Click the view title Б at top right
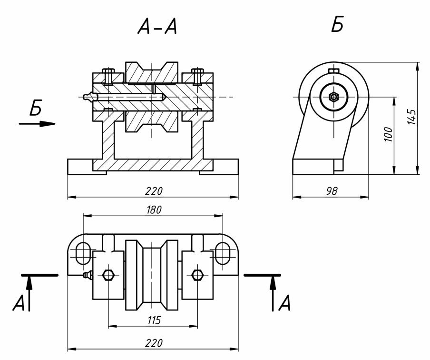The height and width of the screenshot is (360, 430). (337, 25)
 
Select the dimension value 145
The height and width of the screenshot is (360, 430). (412, 117)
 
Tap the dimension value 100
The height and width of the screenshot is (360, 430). (388, 135)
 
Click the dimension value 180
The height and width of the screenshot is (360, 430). (154, 210)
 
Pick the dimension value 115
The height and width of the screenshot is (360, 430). (153, 320)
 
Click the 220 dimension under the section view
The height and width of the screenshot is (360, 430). (154, 191)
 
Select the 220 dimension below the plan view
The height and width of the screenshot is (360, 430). (154, 343)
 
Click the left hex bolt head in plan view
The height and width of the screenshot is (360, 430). (108, 275)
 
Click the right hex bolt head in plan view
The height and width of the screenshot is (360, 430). (196, 275)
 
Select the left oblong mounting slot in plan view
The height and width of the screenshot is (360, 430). (83, 253)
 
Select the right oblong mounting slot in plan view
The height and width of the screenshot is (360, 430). (222, 253)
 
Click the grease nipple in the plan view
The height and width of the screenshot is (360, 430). (87, 275)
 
